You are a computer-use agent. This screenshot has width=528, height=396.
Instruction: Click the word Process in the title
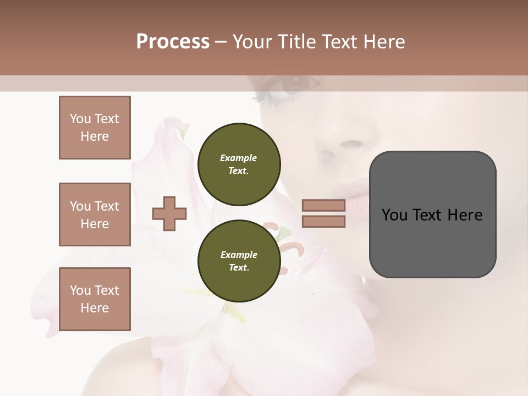(173, 42)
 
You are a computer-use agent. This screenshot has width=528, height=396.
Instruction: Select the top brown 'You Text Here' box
(95, 128)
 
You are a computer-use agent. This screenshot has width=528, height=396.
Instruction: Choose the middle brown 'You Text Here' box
(95, 215)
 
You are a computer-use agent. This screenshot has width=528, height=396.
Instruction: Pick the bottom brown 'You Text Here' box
(95, 299)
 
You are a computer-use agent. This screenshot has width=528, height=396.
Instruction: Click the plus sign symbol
(169, 213)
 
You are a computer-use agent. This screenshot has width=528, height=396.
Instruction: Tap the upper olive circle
(239, 164)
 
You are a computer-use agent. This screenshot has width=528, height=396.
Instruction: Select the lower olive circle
(239, 261)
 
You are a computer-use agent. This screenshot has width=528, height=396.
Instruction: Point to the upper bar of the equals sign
(323, 205)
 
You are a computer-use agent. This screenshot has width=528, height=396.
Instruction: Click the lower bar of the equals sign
(323, 221)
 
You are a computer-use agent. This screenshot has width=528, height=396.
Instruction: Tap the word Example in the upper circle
(238, 158)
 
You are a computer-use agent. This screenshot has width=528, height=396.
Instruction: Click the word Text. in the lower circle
(239, 268)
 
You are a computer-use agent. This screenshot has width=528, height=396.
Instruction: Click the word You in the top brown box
(80, 119)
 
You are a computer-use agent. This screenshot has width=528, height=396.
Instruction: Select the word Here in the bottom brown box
(95, 308)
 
